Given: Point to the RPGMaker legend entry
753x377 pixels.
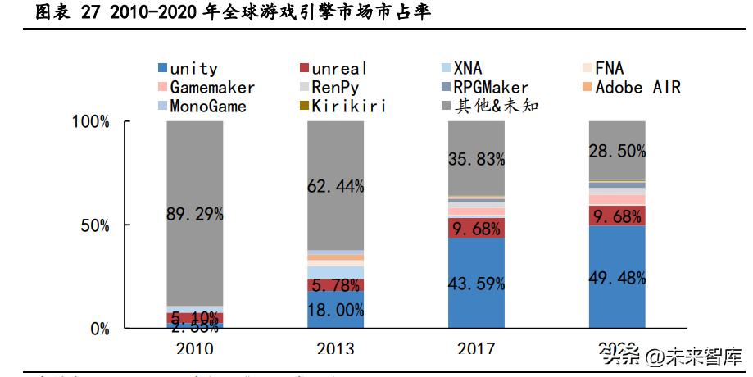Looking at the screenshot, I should coord(491,87).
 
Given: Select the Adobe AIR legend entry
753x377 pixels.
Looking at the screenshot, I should coord(637,87).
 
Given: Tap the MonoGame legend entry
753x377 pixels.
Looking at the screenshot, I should coord(207,106).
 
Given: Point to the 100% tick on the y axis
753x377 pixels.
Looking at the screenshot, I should coord(91,122).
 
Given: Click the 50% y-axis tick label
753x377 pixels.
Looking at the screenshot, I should coord(94,225).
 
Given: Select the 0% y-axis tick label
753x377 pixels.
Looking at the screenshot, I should coord(98,329).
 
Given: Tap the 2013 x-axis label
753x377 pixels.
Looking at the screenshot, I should coord(335,348).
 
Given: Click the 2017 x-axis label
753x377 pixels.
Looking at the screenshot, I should coord(476,348).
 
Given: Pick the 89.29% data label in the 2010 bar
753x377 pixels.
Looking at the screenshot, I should coord(195,214).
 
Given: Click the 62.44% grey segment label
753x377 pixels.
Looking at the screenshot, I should coord(336,186).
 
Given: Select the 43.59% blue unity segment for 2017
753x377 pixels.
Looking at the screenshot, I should coord(476,284).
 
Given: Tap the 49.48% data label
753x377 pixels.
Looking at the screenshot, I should coord(617,278).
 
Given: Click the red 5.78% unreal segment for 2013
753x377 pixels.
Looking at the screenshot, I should coord(336,285).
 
